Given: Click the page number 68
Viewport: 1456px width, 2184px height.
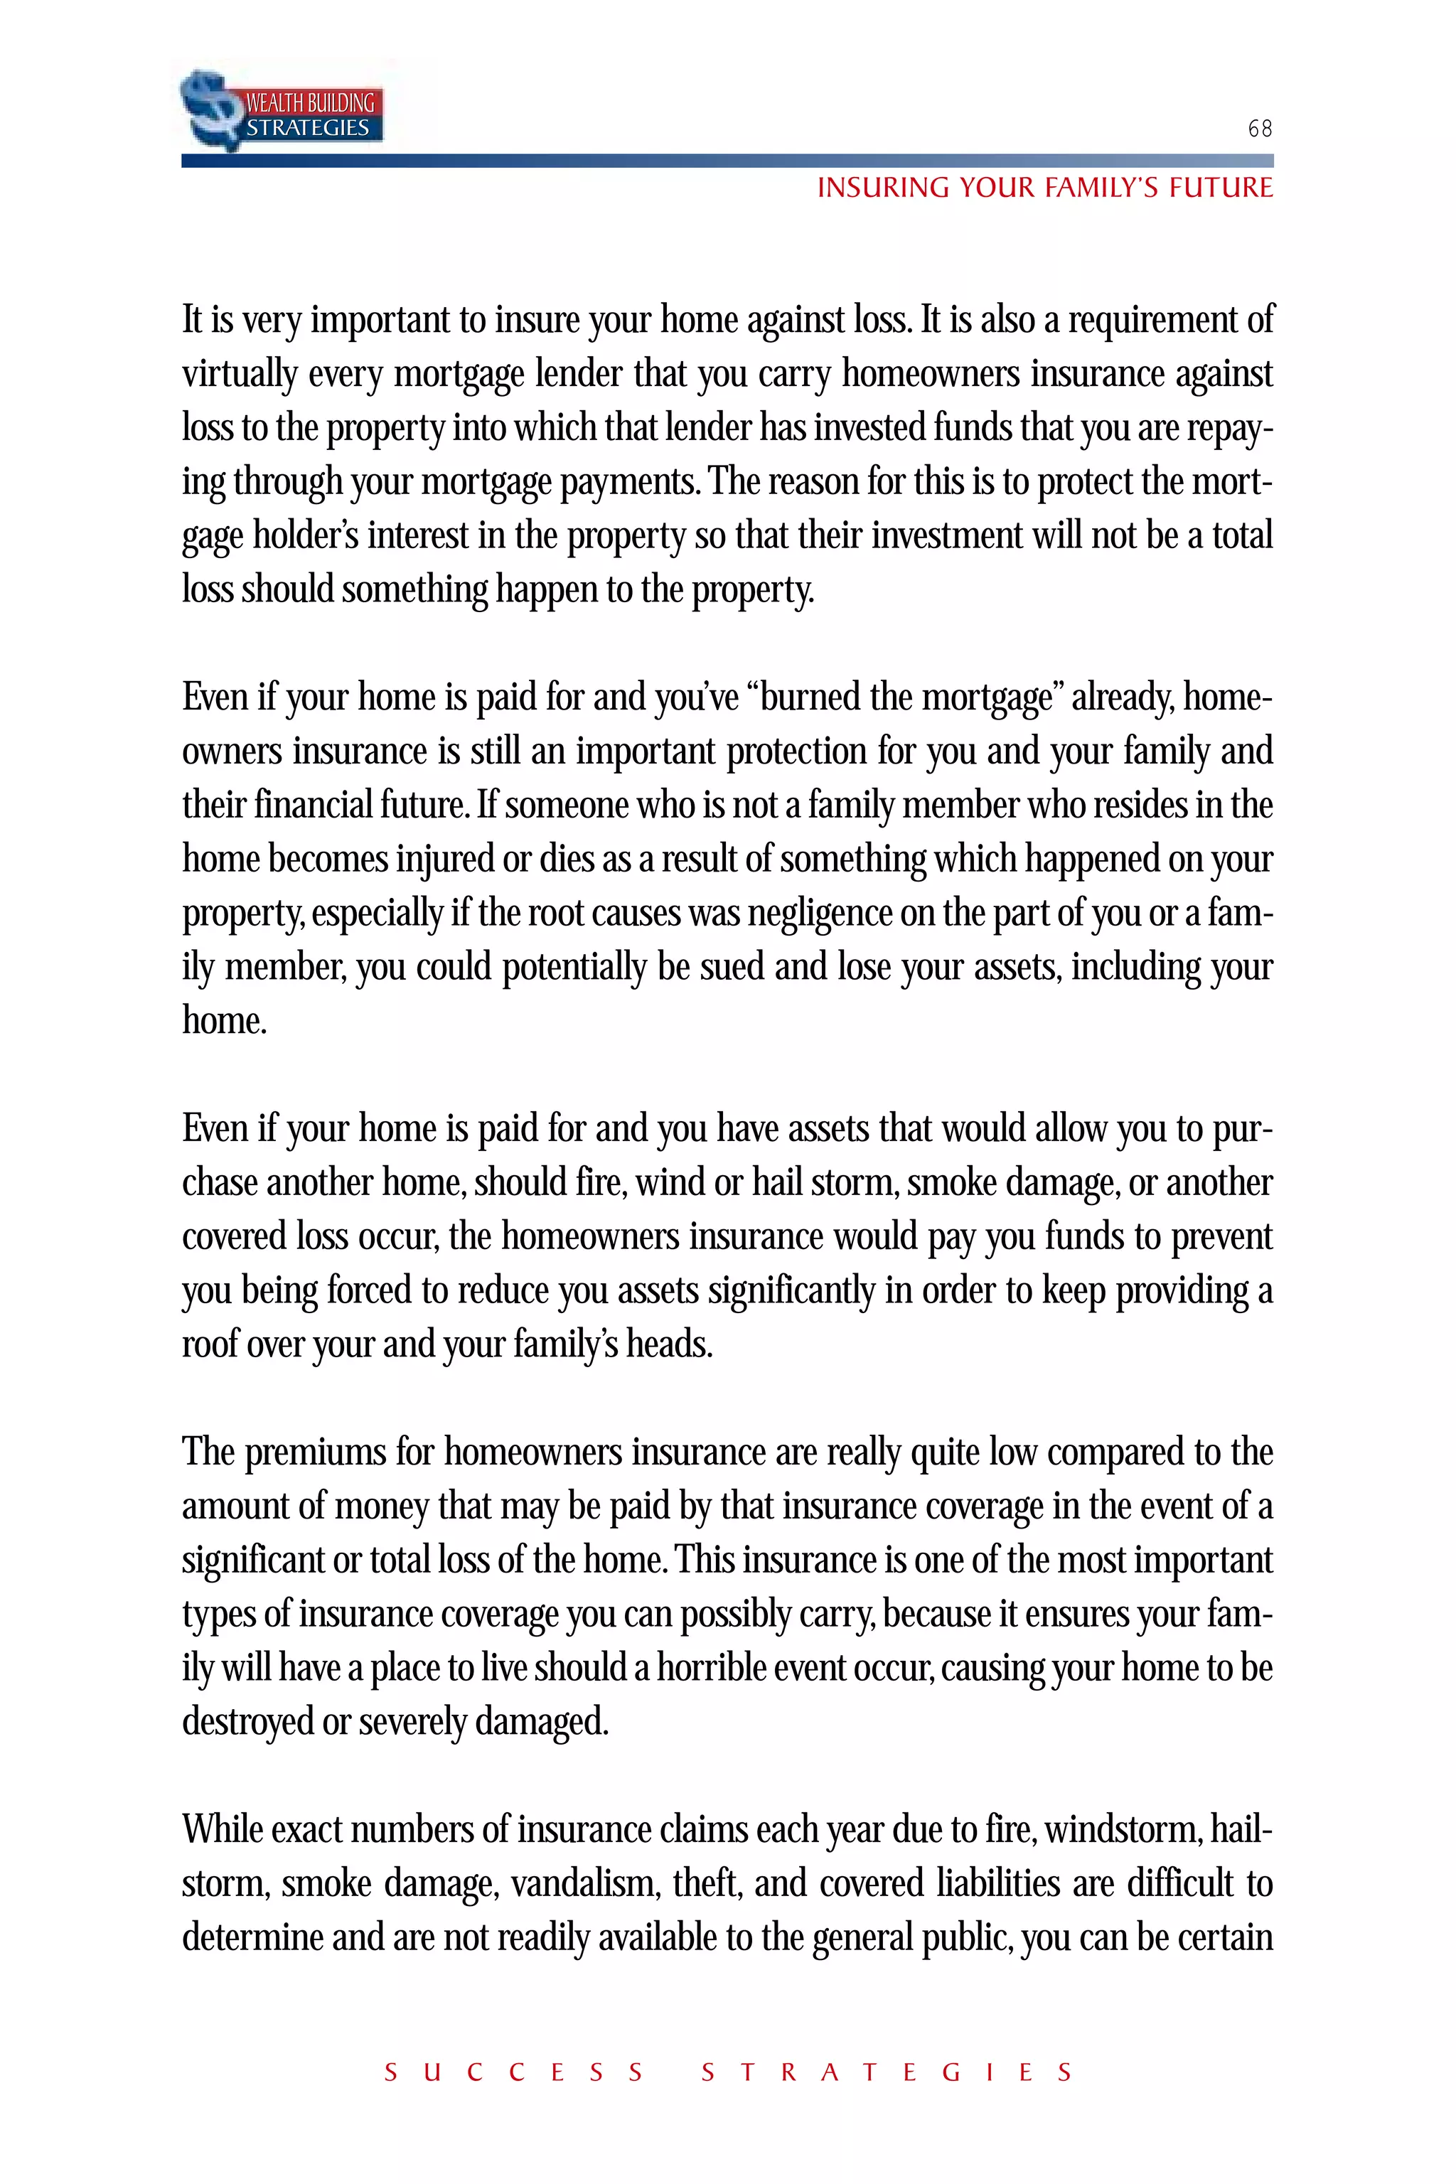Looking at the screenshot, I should [x=1259, y=128].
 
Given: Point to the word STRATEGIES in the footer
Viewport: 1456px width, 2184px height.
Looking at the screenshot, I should [x=887, y=2072].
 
